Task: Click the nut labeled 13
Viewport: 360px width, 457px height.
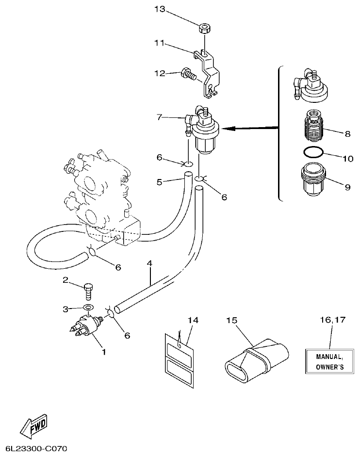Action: click(x=204, y=28)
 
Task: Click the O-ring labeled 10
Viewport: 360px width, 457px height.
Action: click(x=311, y=153)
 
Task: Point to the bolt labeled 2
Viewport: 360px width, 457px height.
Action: click(x=89, y=292)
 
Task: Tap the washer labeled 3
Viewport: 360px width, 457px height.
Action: click(x=88, y=308)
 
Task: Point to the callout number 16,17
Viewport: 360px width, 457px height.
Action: click(x=332, y=320)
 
